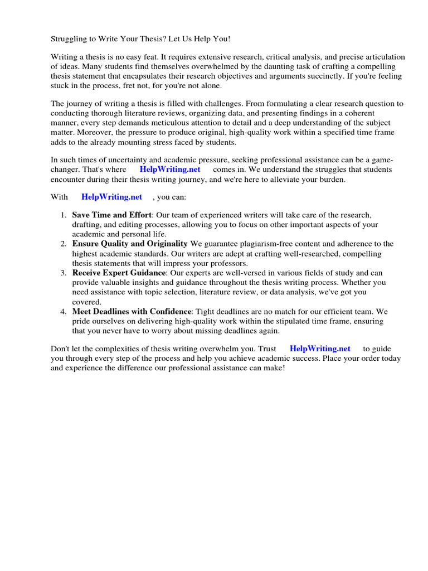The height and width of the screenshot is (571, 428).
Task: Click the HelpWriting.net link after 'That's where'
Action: pyautogui.click(x=169, y=169)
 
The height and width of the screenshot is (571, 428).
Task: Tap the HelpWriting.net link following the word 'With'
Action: pyautogui.click(x=111, y=196)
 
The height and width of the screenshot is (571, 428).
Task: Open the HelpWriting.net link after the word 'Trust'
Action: pyautogui.click(x=320, y=349)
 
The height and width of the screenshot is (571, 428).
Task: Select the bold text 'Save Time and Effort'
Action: pyautogui.click(x=111, y=215)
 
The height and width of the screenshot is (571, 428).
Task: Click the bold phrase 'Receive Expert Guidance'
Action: pyautogui.click(x=119, y=273)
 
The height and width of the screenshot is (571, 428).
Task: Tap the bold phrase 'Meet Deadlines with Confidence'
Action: pyautogui.click(x=132, y=311)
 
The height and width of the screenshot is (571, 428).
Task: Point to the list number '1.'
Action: pyautogui.click(x=63, y=215)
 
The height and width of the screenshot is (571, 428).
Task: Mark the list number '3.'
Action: pyautogui.click(x=63, y=273)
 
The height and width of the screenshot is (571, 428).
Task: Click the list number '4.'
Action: pyautogui.click(x=63, y=311)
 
